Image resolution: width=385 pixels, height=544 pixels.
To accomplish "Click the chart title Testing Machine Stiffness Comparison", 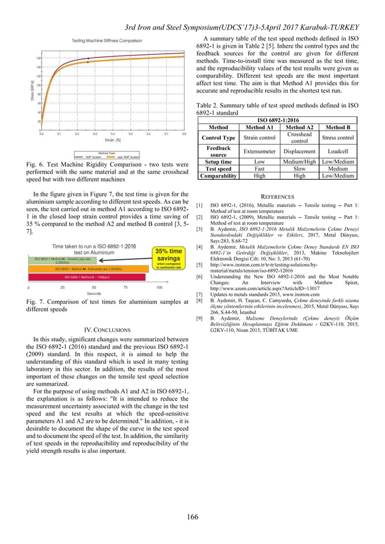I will coord(107,40).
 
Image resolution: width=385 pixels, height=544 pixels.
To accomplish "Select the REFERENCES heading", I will coord(277,197).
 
